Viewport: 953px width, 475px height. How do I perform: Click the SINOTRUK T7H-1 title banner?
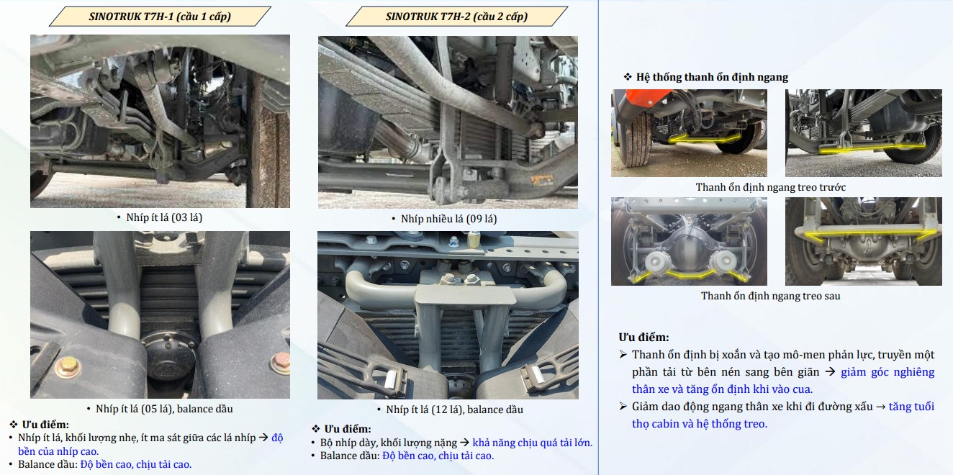point(160,17)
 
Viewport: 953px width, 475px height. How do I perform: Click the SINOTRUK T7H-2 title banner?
point(456,17)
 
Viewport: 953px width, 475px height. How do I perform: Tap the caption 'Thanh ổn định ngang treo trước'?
point(770,187)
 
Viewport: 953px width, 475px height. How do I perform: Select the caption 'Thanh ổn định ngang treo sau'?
point(770,296)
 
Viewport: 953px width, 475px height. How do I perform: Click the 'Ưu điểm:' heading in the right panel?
point(643,338)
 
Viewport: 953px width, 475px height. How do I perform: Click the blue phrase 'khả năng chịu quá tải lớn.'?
point(532,443)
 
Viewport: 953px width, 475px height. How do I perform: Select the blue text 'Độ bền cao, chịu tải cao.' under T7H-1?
point(136,464)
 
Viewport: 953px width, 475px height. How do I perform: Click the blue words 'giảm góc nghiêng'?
point(887,372)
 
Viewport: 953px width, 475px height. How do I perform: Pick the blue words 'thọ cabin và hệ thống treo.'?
point(700,424)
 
